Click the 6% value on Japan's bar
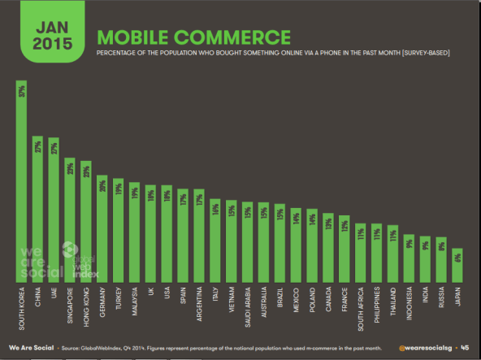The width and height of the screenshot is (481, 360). [457, 257]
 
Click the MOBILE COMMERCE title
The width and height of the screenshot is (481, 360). [193, 37]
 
